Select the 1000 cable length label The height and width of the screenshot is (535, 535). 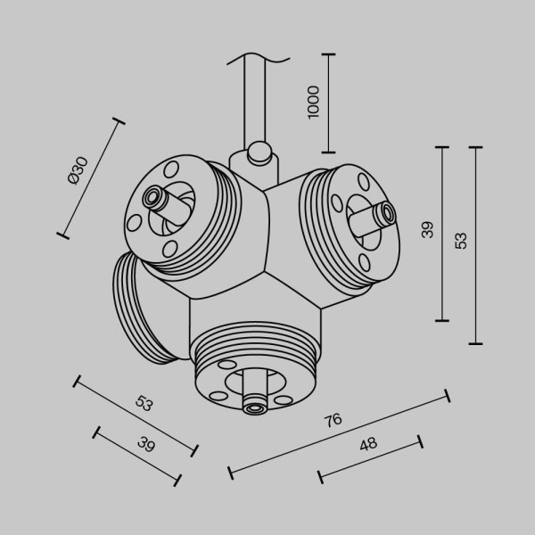[312, 103]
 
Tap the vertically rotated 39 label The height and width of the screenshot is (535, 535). [428, 229]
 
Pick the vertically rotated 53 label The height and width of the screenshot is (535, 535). [460, 240]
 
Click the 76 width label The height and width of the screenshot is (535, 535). [333, 420]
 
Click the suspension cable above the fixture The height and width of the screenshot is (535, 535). [259, 98]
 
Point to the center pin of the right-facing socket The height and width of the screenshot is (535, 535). [387, 212]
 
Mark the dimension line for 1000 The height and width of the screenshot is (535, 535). [329, 103]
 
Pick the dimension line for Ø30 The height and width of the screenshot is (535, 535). [91, 177]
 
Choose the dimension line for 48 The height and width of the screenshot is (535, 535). [370, 460]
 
